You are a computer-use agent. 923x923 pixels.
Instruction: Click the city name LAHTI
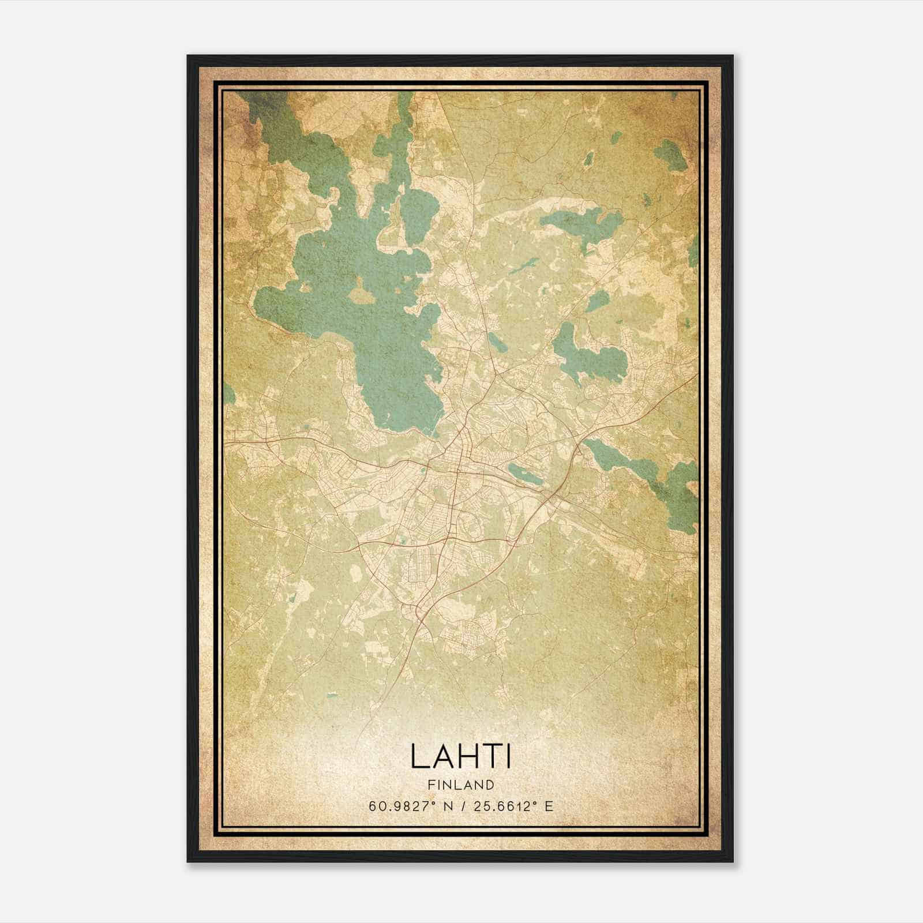click(461, 756)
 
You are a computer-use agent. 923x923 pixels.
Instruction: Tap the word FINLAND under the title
click(461, 785)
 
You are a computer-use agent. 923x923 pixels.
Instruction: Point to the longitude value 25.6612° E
click(513, 806)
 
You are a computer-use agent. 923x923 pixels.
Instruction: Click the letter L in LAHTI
click(419, 756)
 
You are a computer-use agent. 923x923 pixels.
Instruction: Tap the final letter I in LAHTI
click(508, 756)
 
